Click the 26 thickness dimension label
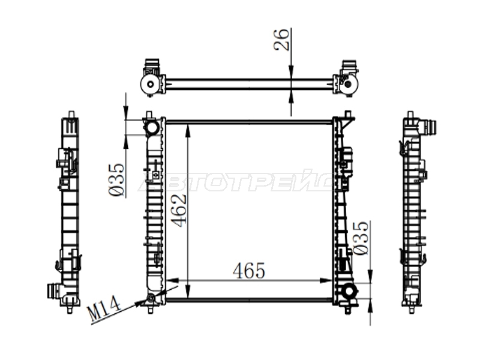(x=281, y=40)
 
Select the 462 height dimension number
(x=178, y=211)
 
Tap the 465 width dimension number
(x=248, y=271)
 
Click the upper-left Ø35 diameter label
(x=116, y=180)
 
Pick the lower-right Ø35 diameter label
(x=361, y=238)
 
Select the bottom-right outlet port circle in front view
(x=349, y=291)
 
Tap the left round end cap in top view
(x=151, y=84)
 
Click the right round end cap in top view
(x=349, y=84)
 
